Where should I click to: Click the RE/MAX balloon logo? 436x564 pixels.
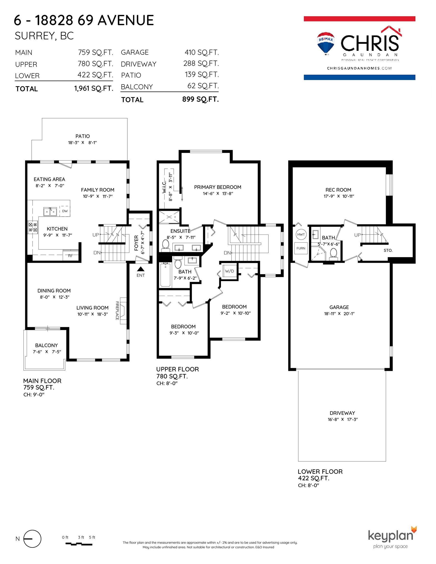(x=326, y=44)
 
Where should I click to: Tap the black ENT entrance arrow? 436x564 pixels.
(x=141, y=269)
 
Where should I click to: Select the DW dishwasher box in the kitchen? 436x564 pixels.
(x=65, y=211)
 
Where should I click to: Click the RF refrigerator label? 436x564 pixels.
(x=70, y=256)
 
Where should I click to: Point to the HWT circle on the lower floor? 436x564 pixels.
(x=301, y=235)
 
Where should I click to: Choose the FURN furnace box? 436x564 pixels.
(x=301, y=248)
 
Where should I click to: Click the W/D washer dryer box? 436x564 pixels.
(x=230, y=271)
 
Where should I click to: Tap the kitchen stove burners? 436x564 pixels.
(x=33, y=227)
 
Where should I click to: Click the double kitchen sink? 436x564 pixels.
(x=50, y=211)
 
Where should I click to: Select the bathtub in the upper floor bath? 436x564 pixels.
(x=165, y=274)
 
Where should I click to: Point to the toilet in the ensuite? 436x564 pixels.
(x=165, y=245)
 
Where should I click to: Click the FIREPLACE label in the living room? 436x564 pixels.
(x=117, y=311)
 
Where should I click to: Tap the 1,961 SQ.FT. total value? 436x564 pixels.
(x=94, y=89)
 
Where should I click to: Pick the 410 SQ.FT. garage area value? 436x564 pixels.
(x=202, y=52)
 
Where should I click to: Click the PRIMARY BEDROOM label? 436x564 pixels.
(x=218, y=187)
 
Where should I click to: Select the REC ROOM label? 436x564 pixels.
(x=338, y=190)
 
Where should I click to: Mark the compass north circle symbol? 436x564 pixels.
(x=32, y=539)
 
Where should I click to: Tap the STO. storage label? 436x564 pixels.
(x=388, y=250)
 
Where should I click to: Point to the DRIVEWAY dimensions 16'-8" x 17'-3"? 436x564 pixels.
(x=343, y=419)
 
